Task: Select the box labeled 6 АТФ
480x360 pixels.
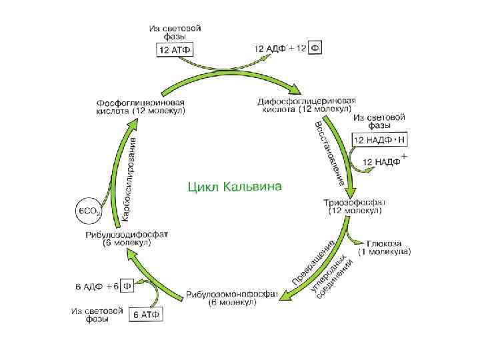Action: [x=146, y=314]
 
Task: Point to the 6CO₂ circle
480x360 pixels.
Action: [x=89, y=211]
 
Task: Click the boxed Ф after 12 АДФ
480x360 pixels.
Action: [x=315, y=49]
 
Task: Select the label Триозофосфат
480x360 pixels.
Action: [x=355, y=202]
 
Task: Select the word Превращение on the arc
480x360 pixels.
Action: [x=312, y=261]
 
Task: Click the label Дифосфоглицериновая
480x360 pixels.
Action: [x=312, y=101]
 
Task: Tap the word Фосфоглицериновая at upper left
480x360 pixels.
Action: [x=141, y=103]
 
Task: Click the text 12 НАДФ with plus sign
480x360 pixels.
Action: [x=382, y=162]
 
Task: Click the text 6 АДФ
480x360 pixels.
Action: [x=88, y=287]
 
